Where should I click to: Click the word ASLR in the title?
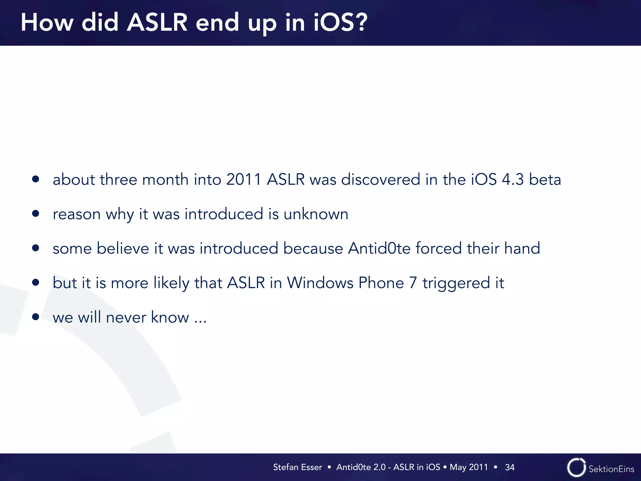[157, 23]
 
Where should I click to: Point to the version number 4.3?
[513, 180]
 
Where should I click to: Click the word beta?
[545, 180]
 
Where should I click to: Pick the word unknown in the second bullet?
[316, 214]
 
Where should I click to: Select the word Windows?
[320, 283]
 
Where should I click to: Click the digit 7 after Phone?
[413, 283]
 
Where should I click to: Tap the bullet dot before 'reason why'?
[36, 214]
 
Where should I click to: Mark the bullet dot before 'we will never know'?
[36, 317]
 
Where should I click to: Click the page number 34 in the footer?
[510, 467]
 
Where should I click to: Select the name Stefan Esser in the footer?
[297, 467]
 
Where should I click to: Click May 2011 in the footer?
[469, 467]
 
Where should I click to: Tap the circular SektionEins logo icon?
[576, 468]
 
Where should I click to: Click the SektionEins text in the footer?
[611, 469]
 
